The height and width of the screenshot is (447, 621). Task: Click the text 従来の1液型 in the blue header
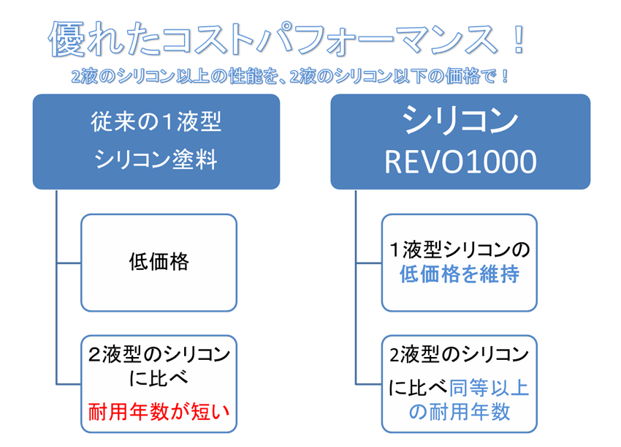click(x=156, y=122)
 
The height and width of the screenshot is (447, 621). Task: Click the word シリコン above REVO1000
click(x=460, y=121)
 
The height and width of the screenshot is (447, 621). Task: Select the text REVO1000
click(x=460, y=162)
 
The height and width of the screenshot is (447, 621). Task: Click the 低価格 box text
click(x=159, y=262)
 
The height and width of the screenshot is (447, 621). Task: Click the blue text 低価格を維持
click(x=460, y=275)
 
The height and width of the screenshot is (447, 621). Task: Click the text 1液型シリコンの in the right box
click(x=460, y=249)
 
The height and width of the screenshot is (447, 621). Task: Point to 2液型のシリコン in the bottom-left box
click(x=159, y=356)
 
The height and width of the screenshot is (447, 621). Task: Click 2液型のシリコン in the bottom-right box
click(x=460, y=356)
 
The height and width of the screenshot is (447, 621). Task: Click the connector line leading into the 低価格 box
click(x=69, y=262)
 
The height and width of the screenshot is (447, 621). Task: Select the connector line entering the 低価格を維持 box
click(x=369, y=262)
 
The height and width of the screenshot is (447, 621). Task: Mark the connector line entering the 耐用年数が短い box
click(x=69, y=383)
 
